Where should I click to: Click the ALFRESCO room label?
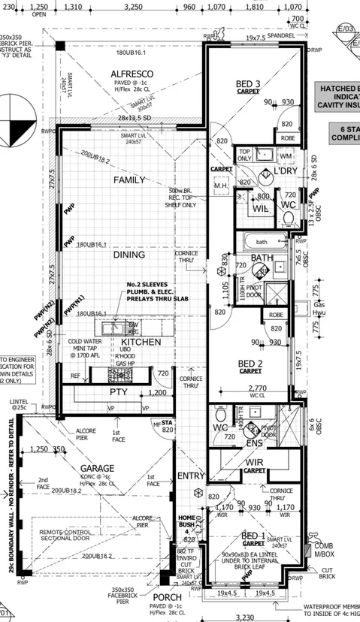click(132, 74)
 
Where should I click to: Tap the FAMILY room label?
click(129, 180)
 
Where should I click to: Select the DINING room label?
click(129, 255)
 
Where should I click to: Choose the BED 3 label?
click(247, 83)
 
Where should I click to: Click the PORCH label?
click(171, 598)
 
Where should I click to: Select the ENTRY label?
click(191, 476)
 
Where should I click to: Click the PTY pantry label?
click(119, 392)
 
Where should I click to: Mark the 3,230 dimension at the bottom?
click(245, 617)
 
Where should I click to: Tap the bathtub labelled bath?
click(262, 242)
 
